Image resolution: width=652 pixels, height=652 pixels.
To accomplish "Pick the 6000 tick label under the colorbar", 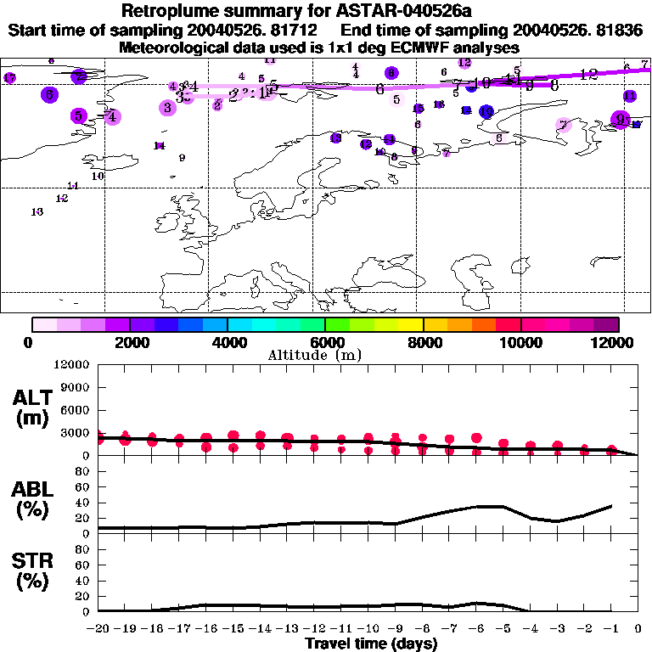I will point(325,342).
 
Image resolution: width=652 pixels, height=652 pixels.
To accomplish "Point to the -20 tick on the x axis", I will point(98,629).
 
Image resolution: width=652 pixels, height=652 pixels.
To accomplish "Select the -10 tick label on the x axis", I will point(368,629).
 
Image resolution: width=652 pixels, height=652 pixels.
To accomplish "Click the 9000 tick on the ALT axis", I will point(75,387).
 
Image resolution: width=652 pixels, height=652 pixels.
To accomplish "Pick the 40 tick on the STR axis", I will point(83,580).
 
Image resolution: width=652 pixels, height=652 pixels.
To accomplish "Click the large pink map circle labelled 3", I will point(168,108).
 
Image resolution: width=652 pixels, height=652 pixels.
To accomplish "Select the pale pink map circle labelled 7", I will point(564,125).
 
